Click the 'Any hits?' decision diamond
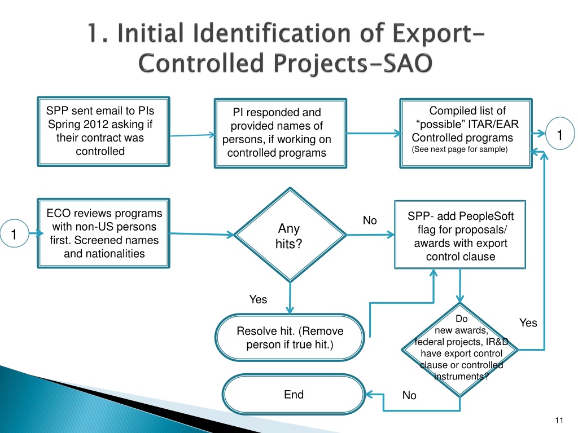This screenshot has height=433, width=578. click(x=288, y=236)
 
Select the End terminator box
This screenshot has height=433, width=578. click(x=294, y=395)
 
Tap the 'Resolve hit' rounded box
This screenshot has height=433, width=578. click(x=290, y=337)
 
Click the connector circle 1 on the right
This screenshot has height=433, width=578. click(x=559, y=135)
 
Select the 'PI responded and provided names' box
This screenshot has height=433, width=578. click(x=280, y=133)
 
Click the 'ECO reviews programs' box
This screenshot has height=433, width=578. click(x=103, y=233)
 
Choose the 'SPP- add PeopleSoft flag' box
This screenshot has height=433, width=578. click(x=460, y=236)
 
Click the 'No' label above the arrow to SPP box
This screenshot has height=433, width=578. click(x=370, y=220)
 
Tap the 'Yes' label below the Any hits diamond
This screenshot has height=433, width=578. click(x=258, y=299)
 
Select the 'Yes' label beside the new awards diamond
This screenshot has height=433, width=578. click(x=528, y=322)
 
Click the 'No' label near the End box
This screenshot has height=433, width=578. click(x=409, y=396)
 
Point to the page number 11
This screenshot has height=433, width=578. click(x=559, y=419)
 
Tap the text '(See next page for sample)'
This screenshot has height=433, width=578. click(x=460, y=149)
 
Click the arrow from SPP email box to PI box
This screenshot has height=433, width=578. click(x=192, y=135)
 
